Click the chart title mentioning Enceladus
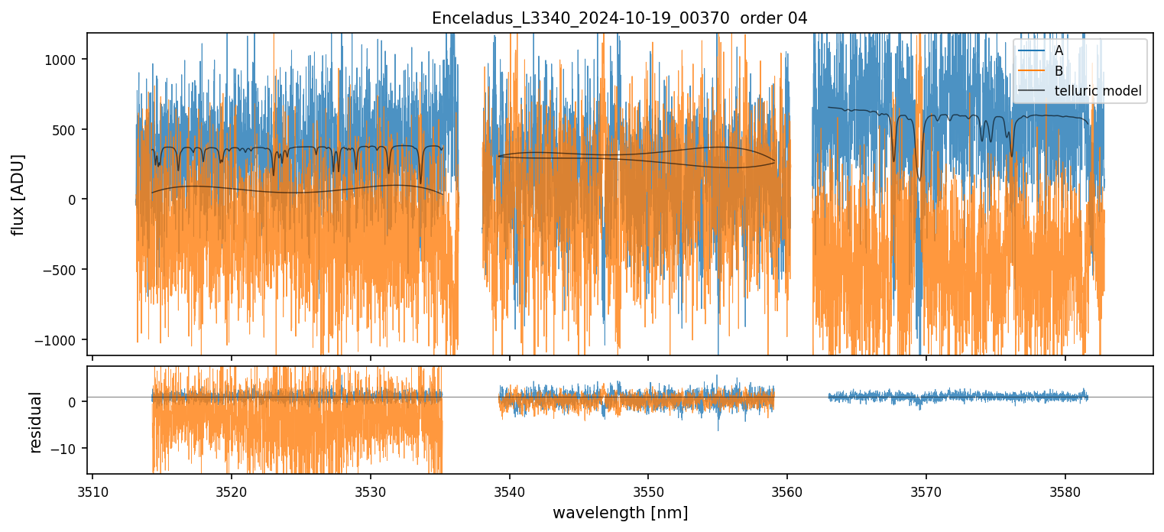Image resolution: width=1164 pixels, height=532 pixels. coord(620,18)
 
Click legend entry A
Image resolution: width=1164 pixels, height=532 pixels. coord(1059,50)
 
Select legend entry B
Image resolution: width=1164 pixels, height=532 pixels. coord(1059,71)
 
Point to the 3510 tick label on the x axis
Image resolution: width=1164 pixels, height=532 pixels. coord(92,491)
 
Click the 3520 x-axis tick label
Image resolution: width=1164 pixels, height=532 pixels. coord(232,491)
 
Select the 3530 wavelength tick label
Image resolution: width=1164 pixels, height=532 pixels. coord(371,491)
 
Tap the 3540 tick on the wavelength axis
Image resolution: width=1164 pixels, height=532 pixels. coord(509,491)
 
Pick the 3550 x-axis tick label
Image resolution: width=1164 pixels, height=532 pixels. coord(648,491)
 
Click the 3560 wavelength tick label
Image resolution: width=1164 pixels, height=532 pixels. coord(787,491)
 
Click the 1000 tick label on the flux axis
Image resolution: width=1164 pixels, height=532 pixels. coord(63,60)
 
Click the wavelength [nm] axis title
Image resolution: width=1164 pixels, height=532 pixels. coord(620,513)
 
